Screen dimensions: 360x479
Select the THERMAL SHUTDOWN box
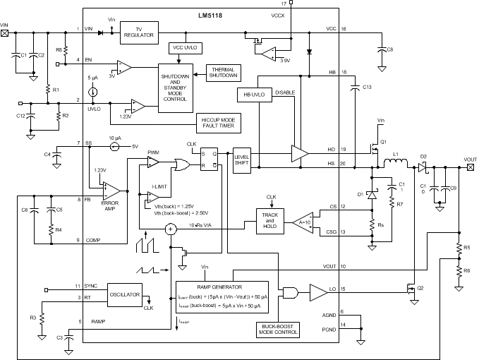(222, 72)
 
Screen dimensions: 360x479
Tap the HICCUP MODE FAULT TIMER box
(222, 124)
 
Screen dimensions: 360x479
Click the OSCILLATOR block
(126, 294)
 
